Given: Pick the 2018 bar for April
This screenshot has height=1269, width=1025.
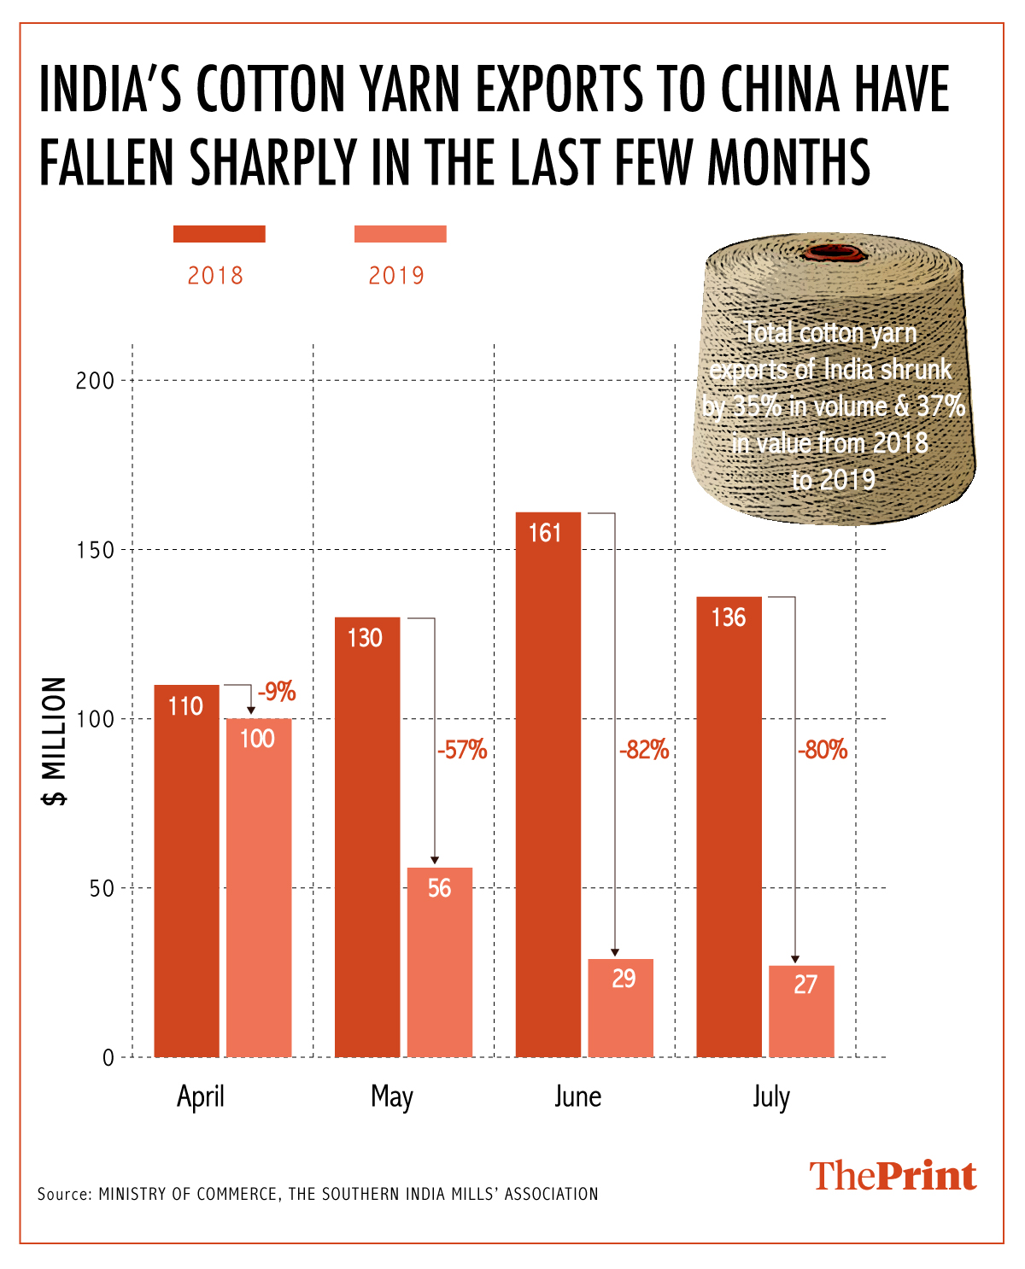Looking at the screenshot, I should coord(186,870).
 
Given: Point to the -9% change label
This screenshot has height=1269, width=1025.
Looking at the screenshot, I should coord(277,692).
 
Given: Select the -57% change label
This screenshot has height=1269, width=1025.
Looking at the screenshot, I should coord(462,750).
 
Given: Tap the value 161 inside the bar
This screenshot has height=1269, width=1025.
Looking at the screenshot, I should coord(545,533).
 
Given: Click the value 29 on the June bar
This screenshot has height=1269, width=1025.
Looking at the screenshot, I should coord(624,978).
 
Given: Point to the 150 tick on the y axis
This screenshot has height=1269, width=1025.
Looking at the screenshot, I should coord(95,550).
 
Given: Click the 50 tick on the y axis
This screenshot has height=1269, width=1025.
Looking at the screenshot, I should coord(101,888).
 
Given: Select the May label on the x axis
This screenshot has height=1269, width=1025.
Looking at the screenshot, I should coord(392,1096).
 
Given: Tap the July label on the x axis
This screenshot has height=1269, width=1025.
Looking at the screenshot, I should coord(771,1096).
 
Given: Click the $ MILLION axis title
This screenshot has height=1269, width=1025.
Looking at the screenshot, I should coord(55,741).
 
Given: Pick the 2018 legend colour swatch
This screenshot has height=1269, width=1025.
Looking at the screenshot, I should coord(220,234).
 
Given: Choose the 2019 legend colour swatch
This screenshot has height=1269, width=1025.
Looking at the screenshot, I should coord(401,234).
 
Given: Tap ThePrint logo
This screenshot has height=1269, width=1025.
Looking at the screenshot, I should coord(893,1176).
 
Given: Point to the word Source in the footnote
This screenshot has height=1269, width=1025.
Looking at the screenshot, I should coord(63,1194).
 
